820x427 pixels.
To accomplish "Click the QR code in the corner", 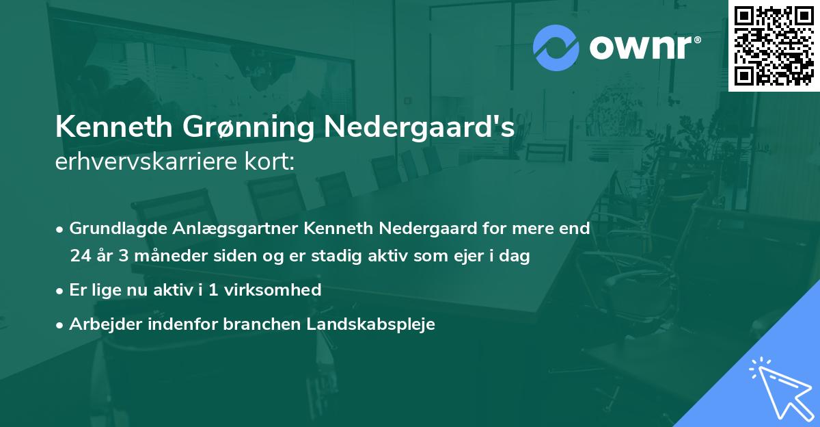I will coord(774,46).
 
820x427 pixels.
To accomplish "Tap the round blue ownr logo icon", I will coord(555,48).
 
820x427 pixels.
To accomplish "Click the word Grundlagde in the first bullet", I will coord(112,229).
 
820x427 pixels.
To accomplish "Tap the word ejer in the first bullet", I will coord(456,257).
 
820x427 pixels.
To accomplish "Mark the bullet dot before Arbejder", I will coord(60,325).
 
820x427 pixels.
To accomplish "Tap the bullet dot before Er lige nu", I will coord(60,290).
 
